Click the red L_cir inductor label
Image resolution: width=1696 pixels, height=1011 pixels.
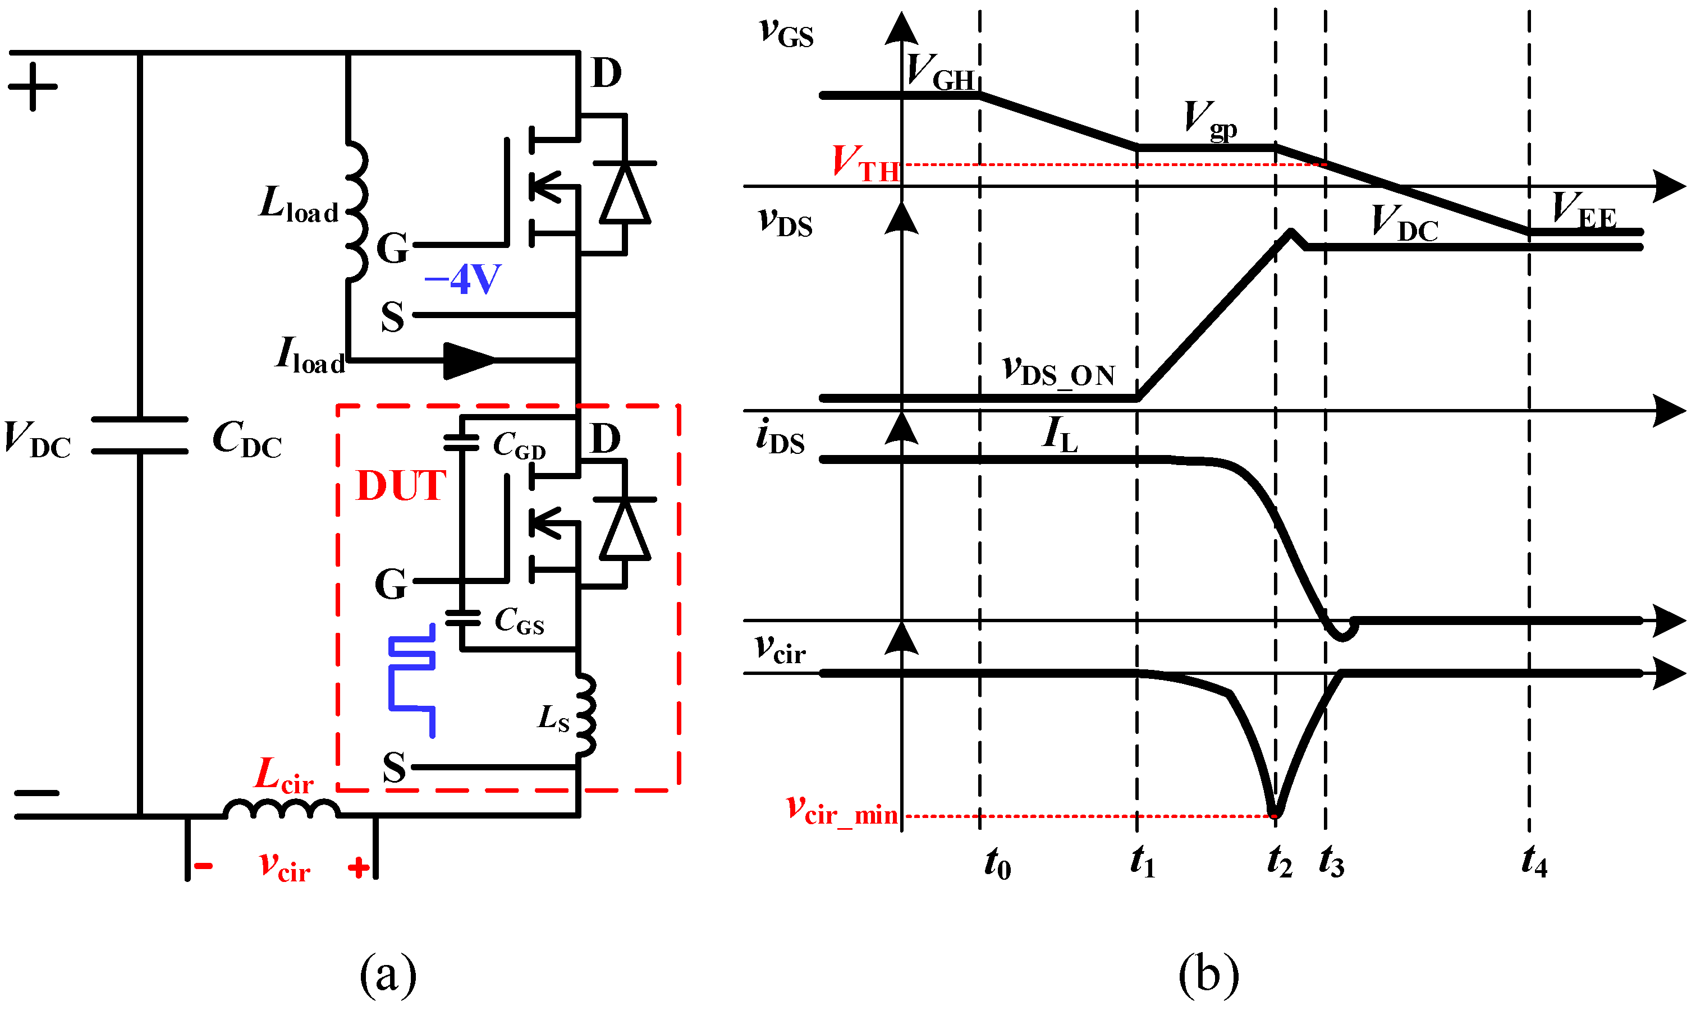[x=283, y=776]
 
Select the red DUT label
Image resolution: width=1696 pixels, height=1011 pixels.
[x=401, y=486]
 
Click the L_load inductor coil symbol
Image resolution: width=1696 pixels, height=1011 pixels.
[x=356, y=211]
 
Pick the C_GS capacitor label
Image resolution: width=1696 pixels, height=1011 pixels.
[x=519, y=621]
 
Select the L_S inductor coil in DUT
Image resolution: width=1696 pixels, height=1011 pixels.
[x=585, y=715]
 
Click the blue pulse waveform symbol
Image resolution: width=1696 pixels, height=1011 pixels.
[x=411, y=681]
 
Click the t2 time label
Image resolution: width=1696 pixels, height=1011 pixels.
[x=1279, y=862]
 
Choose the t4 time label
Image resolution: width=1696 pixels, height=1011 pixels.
[x=1534, y=862]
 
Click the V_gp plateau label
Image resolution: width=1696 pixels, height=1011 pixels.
[x=1209, y=121]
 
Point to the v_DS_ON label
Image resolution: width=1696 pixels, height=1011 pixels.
[x=1058, y=371]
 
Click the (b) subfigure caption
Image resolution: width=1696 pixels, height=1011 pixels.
[x=1208, y=976]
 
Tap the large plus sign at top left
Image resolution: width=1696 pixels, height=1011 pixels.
[x=33, y=86]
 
